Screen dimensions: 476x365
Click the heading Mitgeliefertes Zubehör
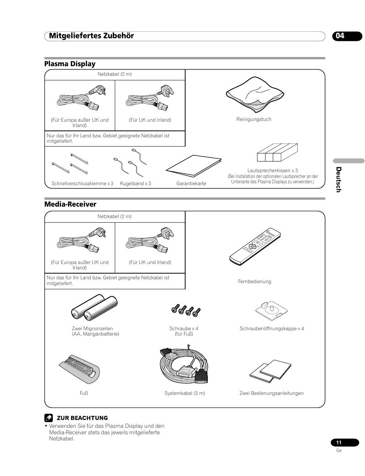pyautogui.click(x=89, y=36)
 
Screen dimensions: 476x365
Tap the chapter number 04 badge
pyautogui.click(x=340, y=36)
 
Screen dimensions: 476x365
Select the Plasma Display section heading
pyautogui.click(x=70, y=64)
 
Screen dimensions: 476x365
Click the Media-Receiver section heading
pyautogui.click(x=70, y=204)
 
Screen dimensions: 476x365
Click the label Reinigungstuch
pyautogui.click(x=254, y=119)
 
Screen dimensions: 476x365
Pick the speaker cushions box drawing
pyautogui.click(x=277, y=153)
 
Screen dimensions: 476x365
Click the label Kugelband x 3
pyautogui.click(x=135, y=184)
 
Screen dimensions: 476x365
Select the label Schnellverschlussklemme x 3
pyautogui.click(x=82, y=184)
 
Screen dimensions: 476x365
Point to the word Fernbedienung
pyautogui.click(x=254, y=282)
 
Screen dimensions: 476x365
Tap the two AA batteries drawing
pyautogui.click(x=94, y=307)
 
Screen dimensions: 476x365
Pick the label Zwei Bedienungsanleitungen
pyautogui.click(x=271, y=393)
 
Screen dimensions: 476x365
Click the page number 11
pyautogui.click(x=339, y=443)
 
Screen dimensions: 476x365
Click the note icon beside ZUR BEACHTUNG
pyautogui.click(x=49, y=418)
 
